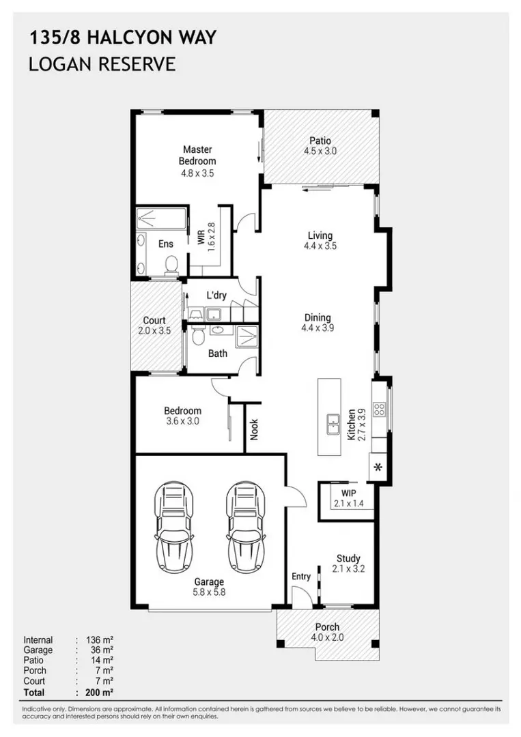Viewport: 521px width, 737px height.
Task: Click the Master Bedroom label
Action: click(197, 155)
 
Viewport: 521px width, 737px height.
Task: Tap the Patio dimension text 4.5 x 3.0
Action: click(320, 151)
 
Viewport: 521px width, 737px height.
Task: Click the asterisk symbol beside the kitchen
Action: click(378, 467)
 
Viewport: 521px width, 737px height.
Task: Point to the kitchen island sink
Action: click(333, 424)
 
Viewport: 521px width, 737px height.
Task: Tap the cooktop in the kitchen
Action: click(379, 409)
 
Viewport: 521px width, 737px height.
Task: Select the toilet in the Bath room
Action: click(198, 336)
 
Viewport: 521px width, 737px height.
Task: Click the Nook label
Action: click(255, 430)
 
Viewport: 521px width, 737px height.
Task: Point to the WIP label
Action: click(348, 493)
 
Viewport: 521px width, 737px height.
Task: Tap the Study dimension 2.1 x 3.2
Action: click(348, 568)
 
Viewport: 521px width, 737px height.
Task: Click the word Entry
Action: click(301, 576)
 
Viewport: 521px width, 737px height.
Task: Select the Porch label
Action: click(327, 627)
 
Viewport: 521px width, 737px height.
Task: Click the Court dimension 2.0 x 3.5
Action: click(154, 331)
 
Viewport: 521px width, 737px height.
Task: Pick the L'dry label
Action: click(216, 295)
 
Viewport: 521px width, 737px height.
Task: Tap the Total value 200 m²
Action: click(100, 693)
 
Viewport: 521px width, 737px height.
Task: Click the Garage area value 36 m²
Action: click(102, 650)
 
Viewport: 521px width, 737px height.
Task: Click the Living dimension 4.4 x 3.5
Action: click(320, 246)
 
